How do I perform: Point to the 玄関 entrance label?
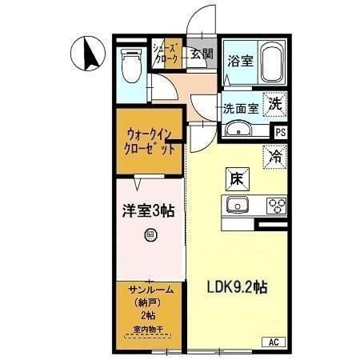(202, 54)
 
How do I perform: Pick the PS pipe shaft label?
(280, 133)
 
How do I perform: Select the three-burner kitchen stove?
(276, 205)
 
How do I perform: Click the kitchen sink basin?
(238, 206)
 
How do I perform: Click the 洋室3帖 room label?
(149, 211)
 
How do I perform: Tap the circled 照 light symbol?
(149, 234)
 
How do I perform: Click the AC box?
(273, 343)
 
